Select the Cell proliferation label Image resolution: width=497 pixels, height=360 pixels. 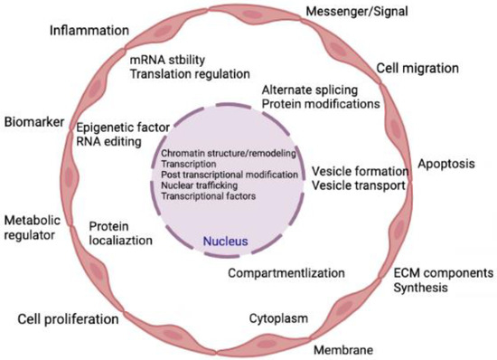pyautogui.click(x=68, y=318)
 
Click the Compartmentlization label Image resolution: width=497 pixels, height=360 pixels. pyautogui.click(x=286, y=272)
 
